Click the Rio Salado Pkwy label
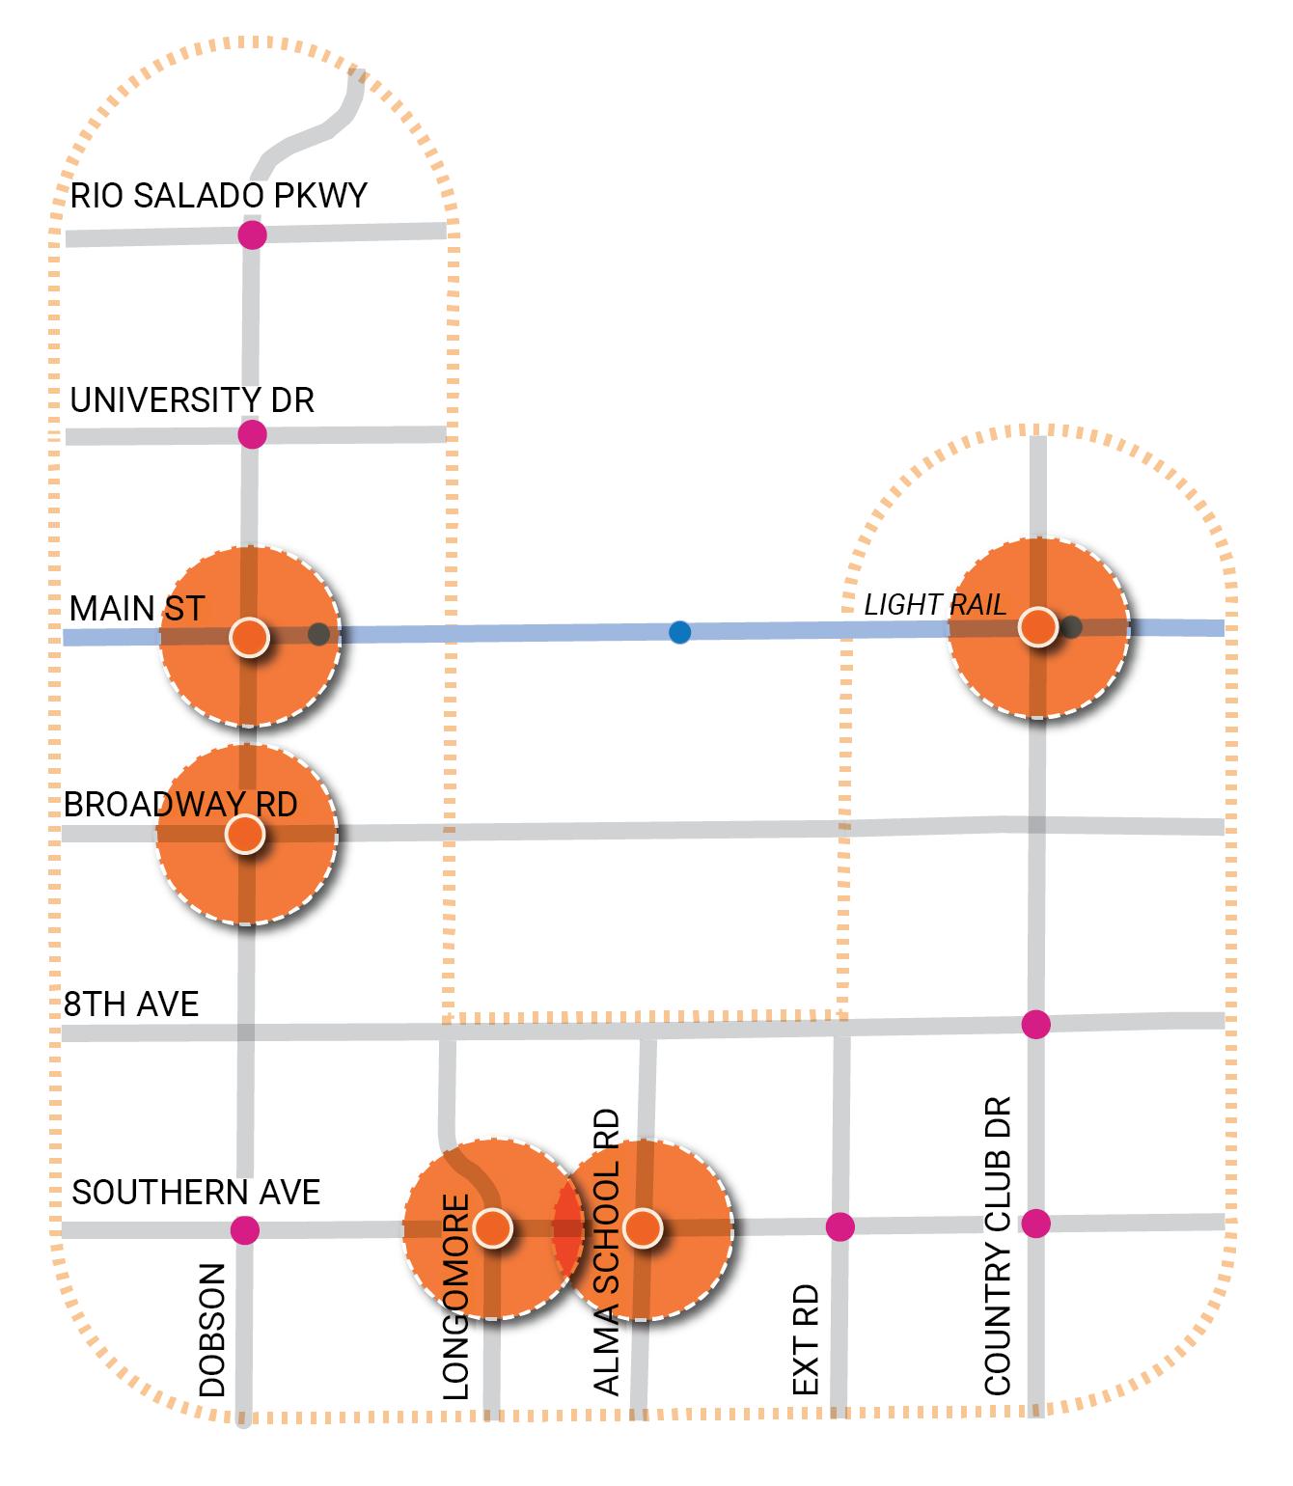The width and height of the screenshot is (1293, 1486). click(x=219, y=196)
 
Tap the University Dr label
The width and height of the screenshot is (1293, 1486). click(x=192, y=400)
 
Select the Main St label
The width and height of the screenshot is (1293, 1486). click(x=137, y=609)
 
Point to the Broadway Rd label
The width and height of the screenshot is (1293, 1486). click(x=180, y=805)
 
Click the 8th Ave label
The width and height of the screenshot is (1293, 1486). click(x=131, y=1004)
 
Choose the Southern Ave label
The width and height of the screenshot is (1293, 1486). click(x=196, y=1193)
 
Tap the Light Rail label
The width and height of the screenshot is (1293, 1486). click(x=934, y=605)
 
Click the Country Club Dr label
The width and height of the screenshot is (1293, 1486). click(x=998, y=1245)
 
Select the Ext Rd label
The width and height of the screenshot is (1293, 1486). click(x=806, y=1339)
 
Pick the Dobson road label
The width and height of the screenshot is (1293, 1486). click(x=212, y=1330)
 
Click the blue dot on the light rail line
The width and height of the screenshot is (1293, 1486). click(x=680, y=633)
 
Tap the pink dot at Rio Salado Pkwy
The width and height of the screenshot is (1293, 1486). click(x=252, y=234)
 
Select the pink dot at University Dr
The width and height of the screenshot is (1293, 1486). click(x=252, y=434)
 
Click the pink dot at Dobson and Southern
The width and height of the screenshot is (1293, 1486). click(x=245, y=1230)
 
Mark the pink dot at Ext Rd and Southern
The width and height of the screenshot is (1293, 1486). click(x=840, y=1226)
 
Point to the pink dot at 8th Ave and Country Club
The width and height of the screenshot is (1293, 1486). click(x=1035, y=1024)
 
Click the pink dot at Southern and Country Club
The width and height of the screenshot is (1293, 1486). click(x=1035, y=1223)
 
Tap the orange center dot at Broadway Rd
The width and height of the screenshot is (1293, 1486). click(x=247, y=834)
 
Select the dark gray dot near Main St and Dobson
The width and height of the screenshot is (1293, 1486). click(x=318, y=634)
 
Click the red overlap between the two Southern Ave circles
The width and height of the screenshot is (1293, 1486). click(x=568, y=1228)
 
